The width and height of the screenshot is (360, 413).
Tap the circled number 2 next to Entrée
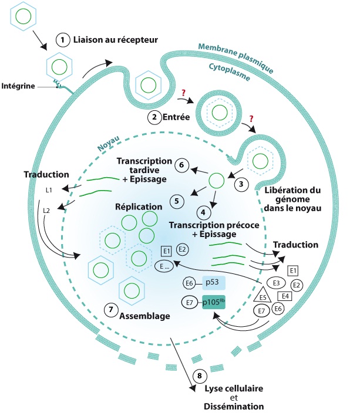point(154,116)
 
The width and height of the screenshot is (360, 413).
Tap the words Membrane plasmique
point(235,57)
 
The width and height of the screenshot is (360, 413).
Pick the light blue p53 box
point(213,283)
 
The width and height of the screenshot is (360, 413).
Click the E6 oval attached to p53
point(190,283)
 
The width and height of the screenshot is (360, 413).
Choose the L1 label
point(49,189)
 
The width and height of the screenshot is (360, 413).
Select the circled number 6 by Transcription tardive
point(181,165)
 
